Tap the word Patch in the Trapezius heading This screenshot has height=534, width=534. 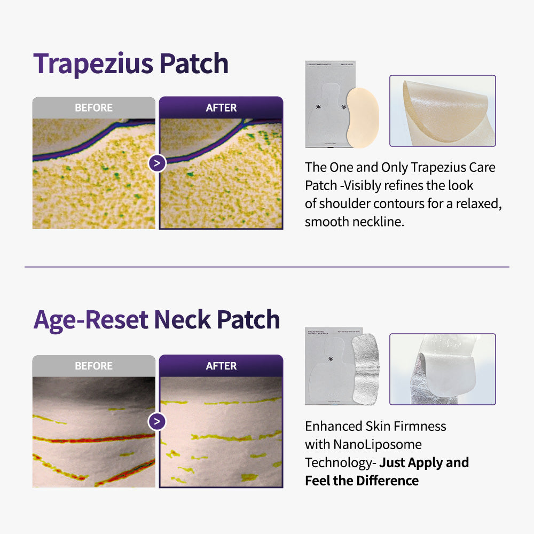click(194, 64)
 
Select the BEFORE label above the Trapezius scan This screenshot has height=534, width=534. click(93, 108)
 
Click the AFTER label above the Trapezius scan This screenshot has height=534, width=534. click(221, 108)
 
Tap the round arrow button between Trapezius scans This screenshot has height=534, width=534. click(157, 163)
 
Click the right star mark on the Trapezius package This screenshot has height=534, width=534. click(343, 108)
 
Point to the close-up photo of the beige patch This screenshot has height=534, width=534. click(442, 111)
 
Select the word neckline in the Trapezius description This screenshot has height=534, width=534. click(378, 221)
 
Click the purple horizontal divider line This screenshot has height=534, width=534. click(267, 267)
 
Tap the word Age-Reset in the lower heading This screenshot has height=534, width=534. click(91, 319)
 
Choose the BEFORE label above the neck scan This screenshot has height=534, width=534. click(93, 366)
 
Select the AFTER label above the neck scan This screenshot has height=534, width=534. click(221, 366)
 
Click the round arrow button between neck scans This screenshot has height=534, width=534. click(157, 422)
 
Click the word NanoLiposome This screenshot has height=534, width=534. click(363, 444)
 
